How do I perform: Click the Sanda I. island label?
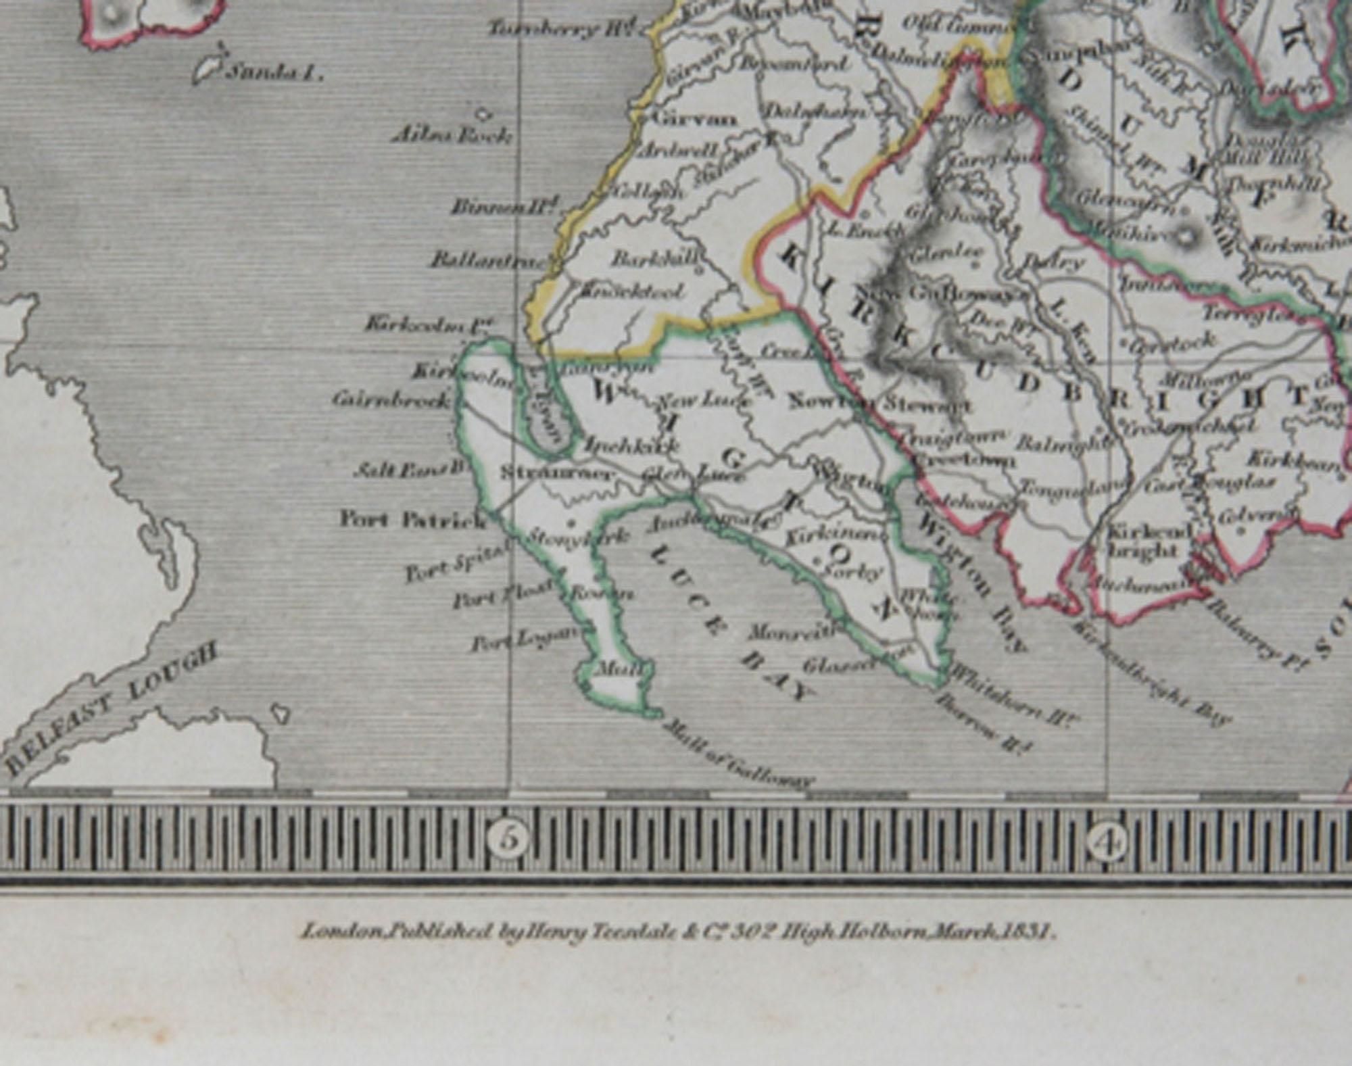(x=273, y=72)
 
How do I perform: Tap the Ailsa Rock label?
(x=452, y=135)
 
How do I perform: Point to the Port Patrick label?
(x=412, y=520)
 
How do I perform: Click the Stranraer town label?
(x=558, y=473)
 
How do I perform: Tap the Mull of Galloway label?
(x=737, y=754)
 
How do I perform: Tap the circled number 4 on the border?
(x=1107, y=842)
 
